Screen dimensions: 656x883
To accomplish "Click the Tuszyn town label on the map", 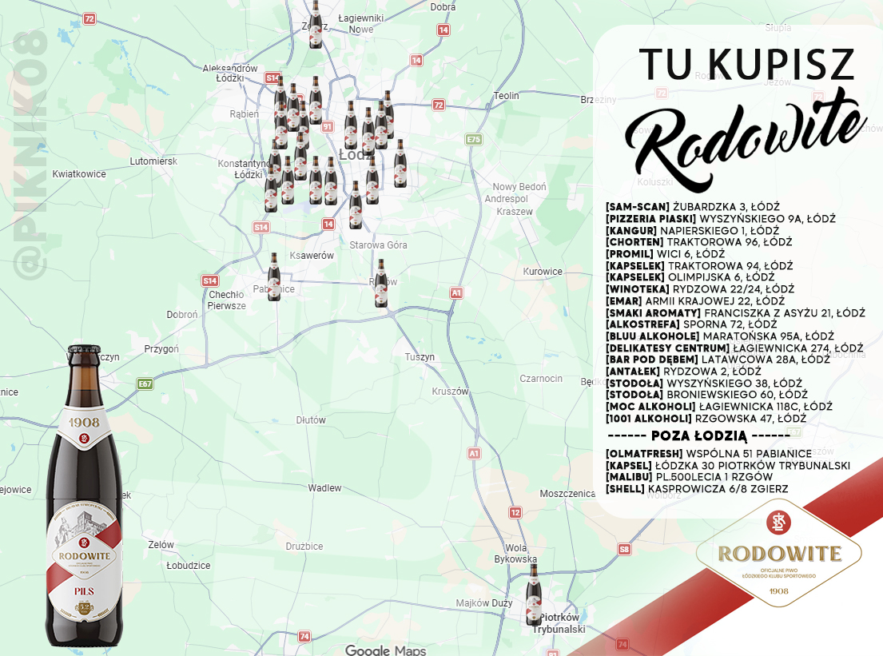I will click(420, 356).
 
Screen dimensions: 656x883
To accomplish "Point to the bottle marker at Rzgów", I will click(381, 283).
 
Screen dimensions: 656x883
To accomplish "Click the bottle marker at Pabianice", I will click(274, 276).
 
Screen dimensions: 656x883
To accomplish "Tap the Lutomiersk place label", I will click(153, 161).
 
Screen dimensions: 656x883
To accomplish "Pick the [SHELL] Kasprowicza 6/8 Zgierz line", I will click(697, 488).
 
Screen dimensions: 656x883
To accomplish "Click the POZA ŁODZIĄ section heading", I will click(699, 435).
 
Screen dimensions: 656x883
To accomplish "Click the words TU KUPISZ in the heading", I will click(747, 65).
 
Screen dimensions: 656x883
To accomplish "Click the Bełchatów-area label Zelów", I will click(161, 544).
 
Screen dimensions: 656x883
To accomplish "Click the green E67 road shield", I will click(145, 384).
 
